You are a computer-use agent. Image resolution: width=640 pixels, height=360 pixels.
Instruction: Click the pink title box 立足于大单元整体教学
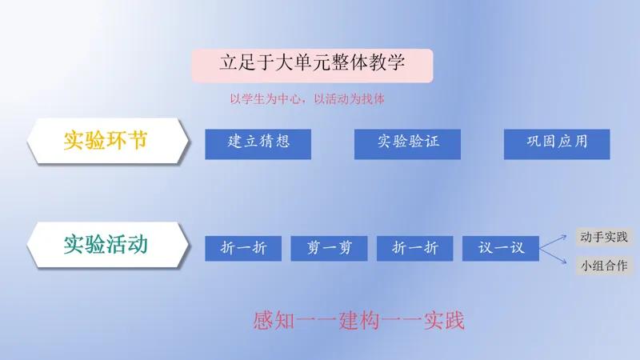tap(312, 66)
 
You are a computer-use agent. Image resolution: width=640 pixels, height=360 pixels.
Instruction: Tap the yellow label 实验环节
tap(106, 141)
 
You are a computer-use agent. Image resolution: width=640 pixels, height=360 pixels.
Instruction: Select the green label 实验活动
tap(106, 245)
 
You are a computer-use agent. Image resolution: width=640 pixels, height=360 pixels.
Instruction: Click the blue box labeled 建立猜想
tap(258, 144)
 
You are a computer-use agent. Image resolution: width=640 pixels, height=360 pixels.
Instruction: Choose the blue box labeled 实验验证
tap(407, 144)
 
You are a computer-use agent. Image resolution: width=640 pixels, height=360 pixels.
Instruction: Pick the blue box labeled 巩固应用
tap(557, 144)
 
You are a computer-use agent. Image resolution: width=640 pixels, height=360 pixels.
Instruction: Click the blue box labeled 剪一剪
tap(329, 248)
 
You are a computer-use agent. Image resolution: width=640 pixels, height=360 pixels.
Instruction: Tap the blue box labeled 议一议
tap(501, 248)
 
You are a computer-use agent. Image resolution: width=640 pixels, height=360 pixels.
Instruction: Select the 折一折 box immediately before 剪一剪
tap(243, 248)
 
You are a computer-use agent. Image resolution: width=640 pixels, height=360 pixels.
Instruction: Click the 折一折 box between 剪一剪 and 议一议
tap(414, 248)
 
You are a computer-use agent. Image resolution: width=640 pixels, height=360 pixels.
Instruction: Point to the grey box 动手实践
tap(604, 237)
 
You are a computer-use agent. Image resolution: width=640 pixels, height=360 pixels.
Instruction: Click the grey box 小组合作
tap(604, 266)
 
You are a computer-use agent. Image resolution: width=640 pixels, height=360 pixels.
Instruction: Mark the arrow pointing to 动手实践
tap(553, 242)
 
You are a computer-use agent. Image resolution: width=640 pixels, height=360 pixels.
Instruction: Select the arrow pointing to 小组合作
tap(553, 256)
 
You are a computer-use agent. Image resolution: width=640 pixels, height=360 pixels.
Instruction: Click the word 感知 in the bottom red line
tap(274, 320)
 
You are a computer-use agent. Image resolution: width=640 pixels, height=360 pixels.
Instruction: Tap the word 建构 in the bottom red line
tap(358, 320)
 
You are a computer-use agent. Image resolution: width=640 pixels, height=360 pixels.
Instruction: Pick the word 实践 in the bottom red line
tap(444, 320)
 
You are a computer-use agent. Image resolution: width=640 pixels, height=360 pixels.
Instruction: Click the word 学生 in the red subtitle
tap(254, 98)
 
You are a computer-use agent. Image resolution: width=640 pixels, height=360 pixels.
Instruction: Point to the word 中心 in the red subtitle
tap(289, 98)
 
